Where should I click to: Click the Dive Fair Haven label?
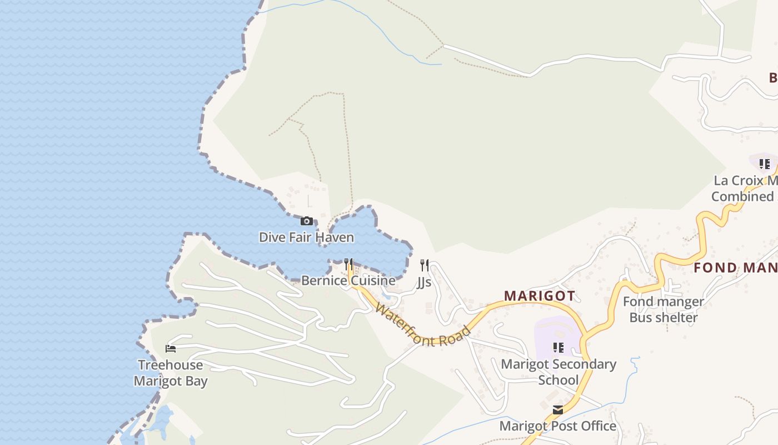pyautogui.click(x=306, y=238)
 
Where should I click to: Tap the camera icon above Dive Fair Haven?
pyautogui.click(x=306, y=221)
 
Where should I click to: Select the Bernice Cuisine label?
pyautogui.click(x=348, y=280)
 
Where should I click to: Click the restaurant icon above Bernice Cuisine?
pyautogui.click(x=348, y=264)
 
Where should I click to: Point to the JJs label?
pyautogui.click(x=424, y=282)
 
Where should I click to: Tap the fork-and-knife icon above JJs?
pyautogui.click(x=425, y=265)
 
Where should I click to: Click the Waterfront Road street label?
pyautogui.click(x=423, y=325)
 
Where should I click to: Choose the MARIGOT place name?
pyautogui.click(x=539, y=295)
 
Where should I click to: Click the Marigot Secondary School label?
pyautogui.click(x=558, y=372)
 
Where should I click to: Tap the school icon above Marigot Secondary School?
pyautogui.click(x=558, y=348)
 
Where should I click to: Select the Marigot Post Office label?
pyautogui.click(x=557, y=426)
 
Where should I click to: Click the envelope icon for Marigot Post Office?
pyautogui.click(x=558, y=410)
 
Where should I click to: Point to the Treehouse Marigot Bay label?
pyautogui.click(x=171, y=373)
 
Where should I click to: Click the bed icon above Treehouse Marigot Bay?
pyautogui.click(x=171, y=349)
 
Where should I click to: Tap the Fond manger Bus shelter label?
pyautogui.click(x=663, y=310)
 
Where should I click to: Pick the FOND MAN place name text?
pyautogui.click(x=735, y=268)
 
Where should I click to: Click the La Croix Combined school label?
pyautogui.click(x=745, y=189)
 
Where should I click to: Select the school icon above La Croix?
pyautogui.click(x=765, y=164)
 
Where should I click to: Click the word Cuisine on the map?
pyautogui.click(x=372, y=280)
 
